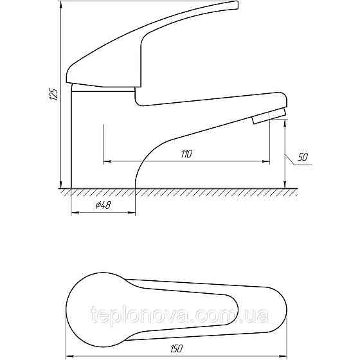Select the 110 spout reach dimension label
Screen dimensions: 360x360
[186, 154]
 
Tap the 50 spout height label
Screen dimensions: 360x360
[303, 157]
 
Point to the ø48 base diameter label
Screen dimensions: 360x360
[104, 205]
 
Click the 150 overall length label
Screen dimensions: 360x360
[177, 348]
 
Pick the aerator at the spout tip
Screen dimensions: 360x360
[269, 116]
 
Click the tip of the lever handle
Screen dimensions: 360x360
[237, 5]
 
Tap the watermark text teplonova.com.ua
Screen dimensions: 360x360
[179, 314]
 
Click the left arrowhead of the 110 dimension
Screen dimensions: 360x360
[107, 161]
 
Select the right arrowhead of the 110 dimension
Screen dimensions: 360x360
[266, 161]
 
